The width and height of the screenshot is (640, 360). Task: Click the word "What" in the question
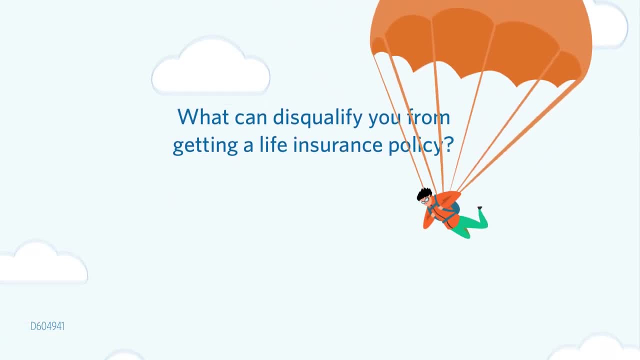(203, 116)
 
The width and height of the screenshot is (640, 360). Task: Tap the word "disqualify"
(317, 117)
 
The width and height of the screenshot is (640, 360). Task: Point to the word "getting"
(205, 146)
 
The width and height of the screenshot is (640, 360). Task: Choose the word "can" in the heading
(251, 118)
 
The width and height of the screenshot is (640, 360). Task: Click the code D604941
(47, 326)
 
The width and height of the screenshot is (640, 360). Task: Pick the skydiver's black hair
(423, 193)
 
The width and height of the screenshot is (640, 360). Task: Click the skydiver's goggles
(425, 201)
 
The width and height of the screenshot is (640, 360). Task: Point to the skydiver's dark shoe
(479, 207)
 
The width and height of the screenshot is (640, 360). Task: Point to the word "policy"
(415, 145)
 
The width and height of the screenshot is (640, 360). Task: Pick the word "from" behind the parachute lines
(428, 116)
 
